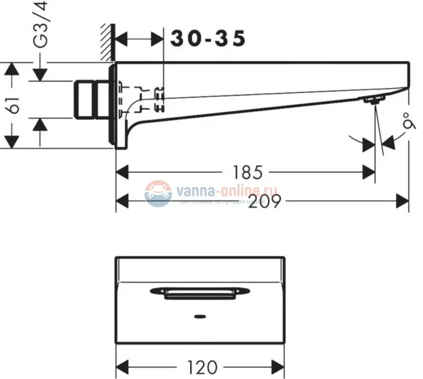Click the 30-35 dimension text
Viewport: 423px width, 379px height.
tap(208, 39)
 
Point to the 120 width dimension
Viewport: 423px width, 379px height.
tap(200, 367)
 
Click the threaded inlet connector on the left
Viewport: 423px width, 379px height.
tap(92, 100)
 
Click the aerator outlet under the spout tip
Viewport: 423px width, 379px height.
tap(374, 99)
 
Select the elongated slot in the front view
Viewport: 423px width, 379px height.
tap(200, 293)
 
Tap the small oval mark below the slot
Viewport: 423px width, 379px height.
tap(200, 319)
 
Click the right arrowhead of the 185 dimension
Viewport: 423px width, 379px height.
tap(370, 173)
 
